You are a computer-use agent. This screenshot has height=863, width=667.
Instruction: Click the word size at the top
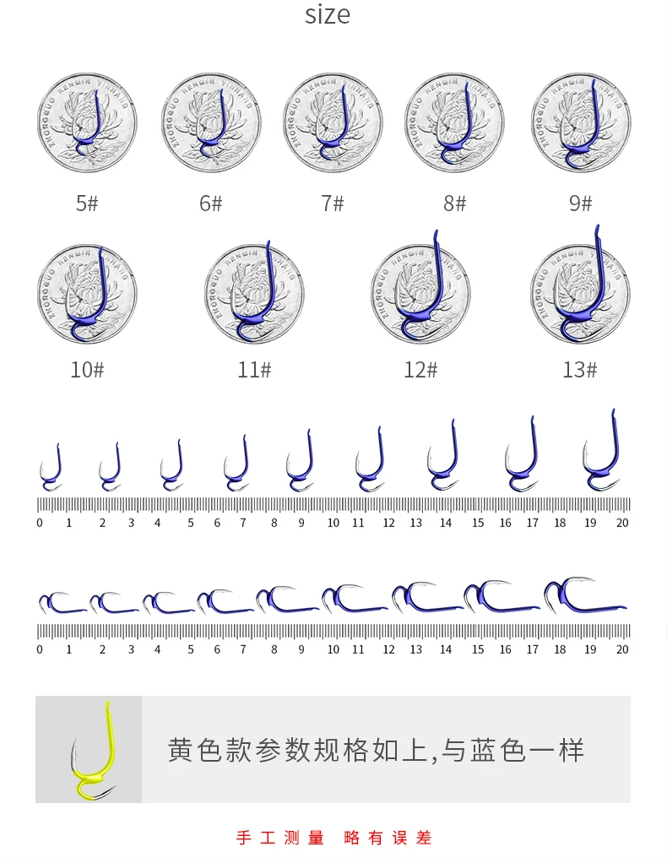[x=328, y=15]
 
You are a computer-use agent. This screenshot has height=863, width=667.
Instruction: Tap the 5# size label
[x=87, y=204]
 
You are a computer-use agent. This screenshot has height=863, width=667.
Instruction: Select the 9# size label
[x=580, y=204]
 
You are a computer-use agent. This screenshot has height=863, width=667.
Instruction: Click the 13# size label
[x=580, y=370]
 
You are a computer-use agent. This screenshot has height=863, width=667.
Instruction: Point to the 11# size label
[x=254, y=370]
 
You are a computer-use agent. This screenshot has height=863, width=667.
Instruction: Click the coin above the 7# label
[x=333, y=122]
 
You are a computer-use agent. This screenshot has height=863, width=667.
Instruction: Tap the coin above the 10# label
[x=87, y=292]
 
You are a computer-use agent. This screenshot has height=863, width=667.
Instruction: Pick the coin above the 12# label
[x=420, y=292]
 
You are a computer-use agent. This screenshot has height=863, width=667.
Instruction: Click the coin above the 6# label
[x=211, y=122]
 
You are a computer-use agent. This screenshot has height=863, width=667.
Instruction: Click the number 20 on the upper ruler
[x=622, y=523]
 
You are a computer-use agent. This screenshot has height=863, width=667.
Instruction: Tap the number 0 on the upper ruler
[x=40, y=523]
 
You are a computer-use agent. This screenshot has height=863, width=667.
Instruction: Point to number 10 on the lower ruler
[x=333, y=649]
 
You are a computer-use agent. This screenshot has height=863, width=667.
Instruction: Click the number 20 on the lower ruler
[x=622, y=649]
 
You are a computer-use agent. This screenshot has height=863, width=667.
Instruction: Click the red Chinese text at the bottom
[x=333, y=838]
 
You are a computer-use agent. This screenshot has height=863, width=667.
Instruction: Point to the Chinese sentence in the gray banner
[x=376, y=750]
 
